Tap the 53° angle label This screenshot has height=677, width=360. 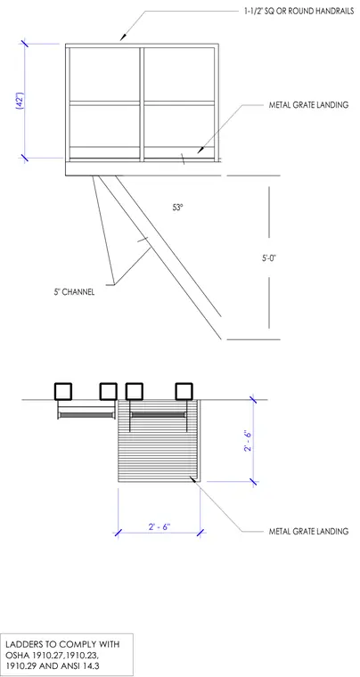(x=178, y=208)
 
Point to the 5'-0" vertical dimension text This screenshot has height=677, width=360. (x=268, y=258)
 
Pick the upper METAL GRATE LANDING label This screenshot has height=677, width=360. (x=308, y=105)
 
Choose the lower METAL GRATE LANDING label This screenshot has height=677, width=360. (x=308, y=531)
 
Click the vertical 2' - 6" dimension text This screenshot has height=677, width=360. (x=248, y=440)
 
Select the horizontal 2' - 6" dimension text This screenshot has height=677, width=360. (x=160, y=527)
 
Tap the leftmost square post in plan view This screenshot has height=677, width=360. (x=63, y=392)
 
